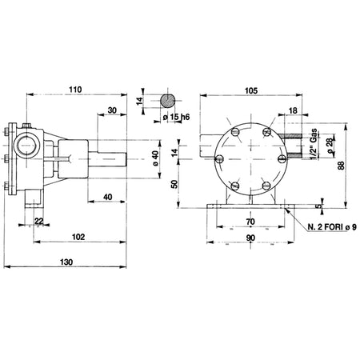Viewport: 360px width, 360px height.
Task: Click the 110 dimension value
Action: (x=75, y=90)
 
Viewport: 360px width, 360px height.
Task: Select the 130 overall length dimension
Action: (x=66, y=262)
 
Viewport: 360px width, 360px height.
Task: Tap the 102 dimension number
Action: (x=78, y=237)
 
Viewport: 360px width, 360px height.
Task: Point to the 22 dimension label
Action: (x=39, y=221)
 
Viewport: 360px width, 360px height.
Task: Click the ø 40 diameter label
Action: (x=155, y=158)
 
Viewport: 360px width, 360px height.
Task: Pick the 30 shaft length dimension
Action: (x=113, y=110)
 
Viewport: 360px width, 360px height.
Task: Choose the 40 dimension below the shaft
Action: (x=107, y=197)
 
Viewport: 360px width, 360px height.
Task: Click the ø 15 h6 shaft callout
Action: (x=176, y=117)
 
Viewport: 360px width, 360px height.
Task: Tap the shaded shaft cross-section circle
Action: (x=168, y=101)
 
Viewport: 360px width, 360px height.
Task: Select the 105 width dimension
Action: (x=251, y=90)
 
